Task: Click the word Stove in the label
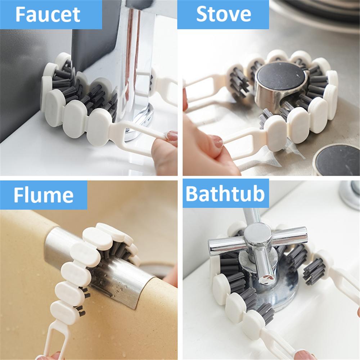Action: point(223,14)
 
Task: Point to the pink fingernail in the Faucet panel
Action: point(172,136)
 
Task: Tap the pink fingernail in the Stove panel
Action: point(217,141)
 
